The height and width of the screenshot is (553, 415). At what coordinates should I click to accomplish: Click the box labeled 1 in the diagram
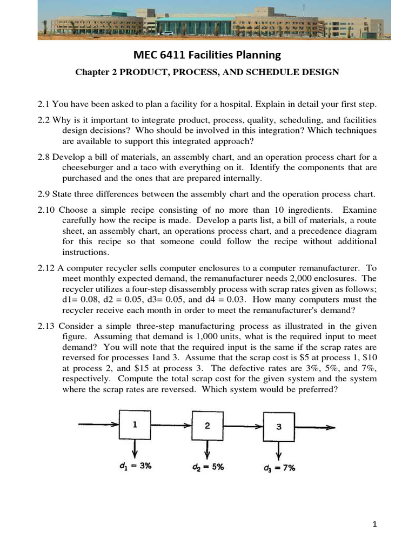tap(135, 425)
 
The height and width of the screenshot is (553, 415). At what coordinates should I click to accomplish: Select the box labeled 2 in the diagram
tap(207, 426)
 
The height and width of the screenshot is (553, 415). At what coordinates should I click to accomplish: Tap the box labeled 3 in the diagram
tap(278, 427)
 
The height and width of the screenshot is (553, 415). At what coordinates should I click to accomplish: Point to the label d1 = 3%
tap(135, 466)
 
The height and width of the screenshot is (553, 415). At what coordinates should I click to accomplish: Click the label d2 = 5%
tap(207, 467)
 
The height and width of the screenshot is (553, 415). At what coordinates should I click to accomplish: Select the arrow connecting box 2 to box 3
tap(243, 427)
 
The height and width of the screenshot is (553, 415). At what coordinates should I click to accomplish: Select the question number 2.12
tap(45, 268)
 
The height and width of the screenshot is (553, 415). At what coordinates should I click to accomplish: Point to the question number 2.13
tap(45, 326)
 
